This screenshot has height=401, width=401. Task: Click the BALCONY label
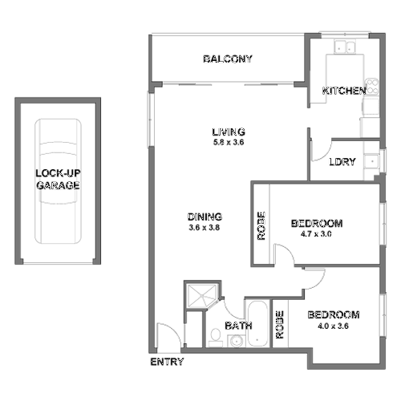click(228, 59)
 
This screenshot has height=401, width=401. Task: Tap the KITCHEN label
click(344, 91)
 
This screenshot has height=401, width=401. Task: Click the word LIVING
click(228, 132)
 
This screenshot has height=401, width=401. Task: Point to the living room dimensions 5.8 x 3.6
click(228, 143)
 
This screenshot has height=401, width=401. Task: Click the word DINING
click(204, 217)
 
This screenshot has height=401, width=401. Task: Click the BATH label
click(237, 326)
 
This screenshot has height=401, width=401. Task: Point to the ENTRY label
click(166, 363)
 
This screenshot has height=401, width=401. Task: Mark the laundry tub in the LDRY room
click(371, 163)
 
